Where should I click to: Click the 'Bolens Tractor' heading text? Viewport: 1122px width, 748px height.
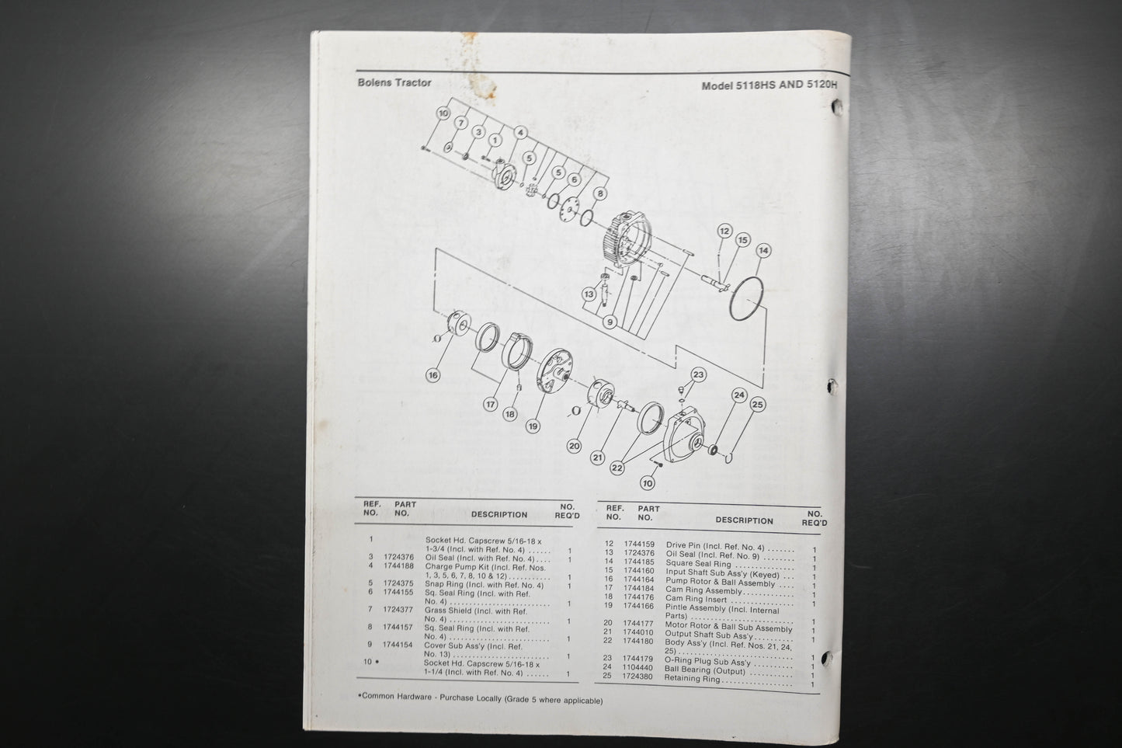pos(394,82)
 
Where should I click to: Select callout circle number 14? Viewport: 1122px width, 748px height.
pos(763,251)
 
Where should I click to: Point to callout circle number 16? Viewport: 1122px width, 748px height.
pos(433,375)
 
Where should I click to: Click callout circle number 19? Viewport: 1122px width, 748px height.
pos(533,426)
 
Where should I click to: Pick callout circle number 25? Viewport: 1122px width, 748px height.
pos(758,405)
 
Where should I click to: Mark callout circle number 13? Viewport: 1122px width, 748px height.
pos(589,294)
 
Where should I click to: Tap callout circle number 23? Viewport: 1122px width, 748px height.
pos(699,375)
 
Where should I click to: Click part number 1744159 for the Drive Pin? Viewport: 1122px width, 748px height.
pos(639,545)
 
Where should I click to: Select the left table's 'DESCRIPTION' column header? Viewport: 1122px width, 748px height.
pos(498,514)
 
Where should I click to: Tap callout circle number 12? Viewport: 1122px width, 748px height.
pos(724,231)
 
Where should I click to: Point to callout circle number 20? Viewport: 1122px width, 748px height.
pos(575,446)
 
